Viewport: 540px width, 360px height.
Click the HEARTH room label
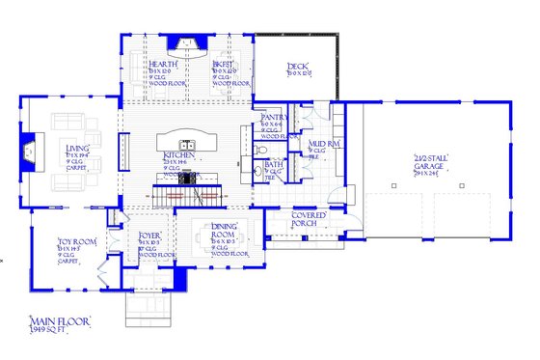coord(162,64)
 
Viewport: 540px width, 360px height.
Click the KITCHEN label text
coord(180,154)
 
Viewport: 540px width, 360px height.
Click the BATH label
coord(273,164)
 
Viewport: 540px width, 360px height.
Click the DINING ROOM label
coord(225,232)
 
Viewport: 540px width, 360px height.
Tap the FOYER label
coord(149,233)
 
